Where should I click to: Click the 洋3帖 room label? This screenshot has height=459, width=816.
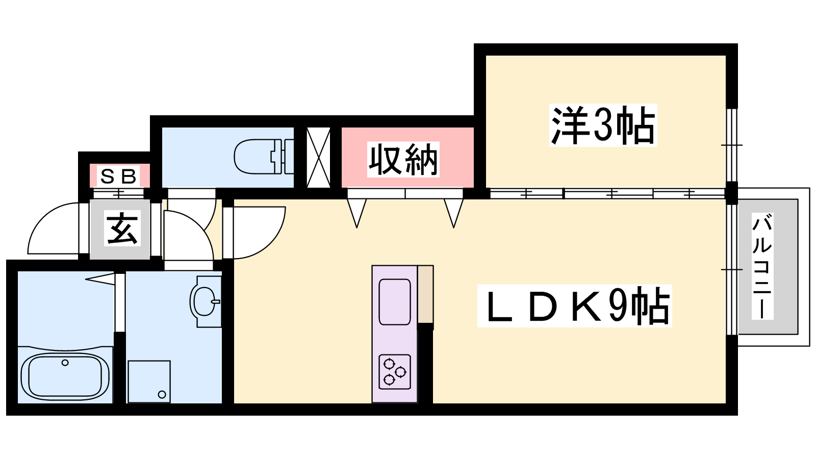click(x=603, y=125)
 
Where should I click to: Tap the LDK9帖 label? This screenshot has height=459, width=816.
click(x=574, y=306)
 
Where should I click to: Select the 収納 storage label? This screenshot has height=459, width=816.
click(x=403, y=160)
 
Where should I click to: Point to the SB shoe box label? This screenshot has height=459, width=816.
click(x=119, y=176)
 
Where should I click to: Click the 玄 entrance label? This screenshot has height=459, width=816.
click(x=122, y=228)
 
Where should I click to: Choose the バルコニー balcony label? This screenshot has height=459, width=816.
click(x=762, y=266)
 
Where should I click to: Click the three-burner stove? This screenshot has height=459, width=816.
click(x=395, y=372)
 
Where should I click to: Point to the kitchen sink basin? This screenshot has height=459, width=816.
click(x=395, y=301)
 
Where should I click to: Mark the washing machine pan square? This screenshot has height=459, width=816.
click(x=149, y=381)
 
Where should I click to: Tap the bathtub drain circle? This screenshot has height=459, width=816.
click(x=65, y=363)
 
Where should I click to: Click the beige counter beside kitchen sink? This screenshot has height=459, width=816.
click(x=425, y=294)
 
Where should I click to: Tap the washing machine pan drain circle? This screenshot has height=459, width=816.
click(x=162, y=394)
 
